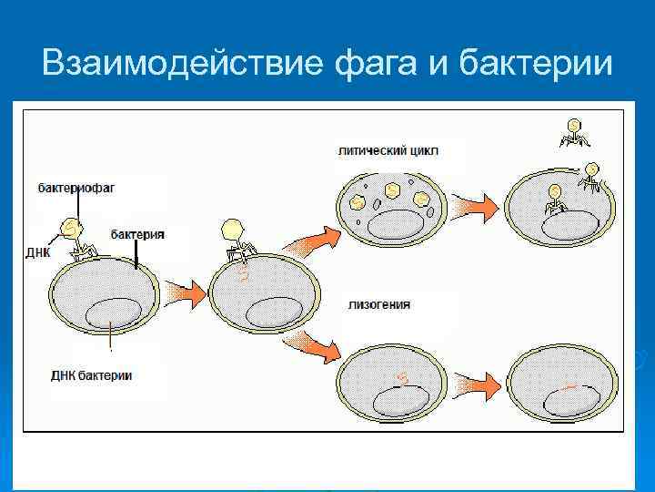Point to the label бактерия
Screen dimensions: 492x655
click(137, 234)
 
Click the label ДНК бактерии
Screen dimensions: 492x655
click(92, 375)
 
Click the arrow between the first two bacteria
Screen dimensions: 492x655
click(185, 292)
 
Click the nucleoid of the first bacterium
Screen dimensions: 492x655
click(114, 314)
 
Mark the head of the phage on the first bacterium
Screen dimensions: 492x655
click(71, 226)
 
